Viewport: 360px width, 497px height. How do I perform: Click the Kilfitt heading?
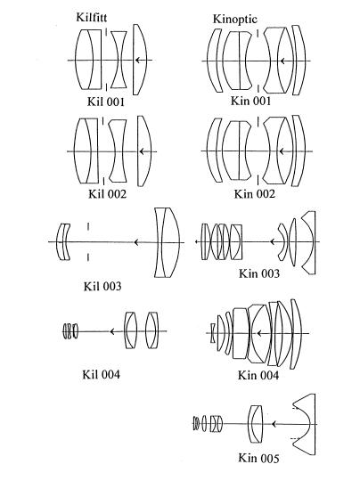(92, 17)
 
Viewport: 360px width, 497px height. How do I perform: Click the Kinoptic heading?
(235, 19)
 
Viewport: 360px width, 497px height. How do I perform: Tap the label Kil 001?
(106, 102)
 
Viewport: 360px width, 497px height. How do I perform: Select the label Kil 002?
(107, 193)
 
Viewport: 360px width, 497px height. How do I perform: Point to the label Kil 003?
(102, 286)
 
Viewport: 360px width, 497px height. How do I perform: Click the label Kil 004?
(102, 374)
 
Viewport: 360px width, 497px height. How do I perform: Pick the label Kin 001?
(250, 101)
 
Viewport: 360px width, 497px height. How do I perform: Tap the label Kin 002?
(254, 193)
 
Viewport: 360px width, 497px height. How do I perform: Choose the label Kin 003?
(259, 273)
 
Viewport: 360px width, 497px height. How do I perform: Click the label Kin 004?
(258, 375)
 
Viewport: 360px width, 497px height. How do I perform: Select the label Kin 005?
(258, 458)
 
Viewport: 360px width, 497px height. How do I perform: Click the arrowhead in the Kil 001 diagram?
(137, 60)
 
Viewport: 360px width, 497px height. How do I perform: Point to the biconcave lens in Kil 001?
(119, 60)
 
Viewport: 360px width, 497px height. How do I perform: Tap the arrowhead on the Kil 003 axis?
(136, 242)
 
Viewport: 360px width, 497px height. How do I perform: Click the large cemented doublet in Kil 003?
(168, 243)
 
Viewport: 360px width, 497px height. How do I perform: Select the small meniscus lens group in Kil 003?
(63, 242)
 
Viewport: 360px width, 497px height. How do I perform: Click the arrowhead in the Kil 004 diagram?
(112, 331)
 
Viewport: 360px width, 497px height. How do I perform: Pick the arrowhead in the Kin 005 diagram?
(275, 424)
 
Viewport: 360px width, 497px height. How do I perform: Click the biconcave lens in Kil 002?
(118, 151)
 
